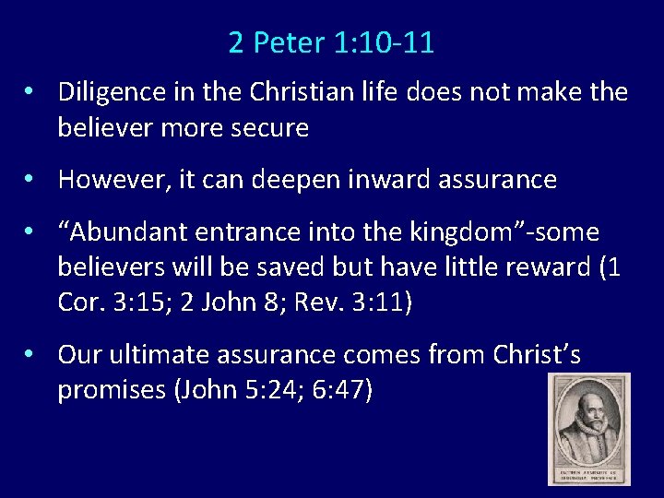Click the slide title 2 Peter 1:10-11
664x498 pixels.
click(x=332, y=42)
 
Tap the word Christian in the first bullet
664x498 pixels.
click(x=292, y=92)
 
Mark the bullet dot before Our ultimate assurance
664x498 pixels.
click(x=30, y=355)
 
